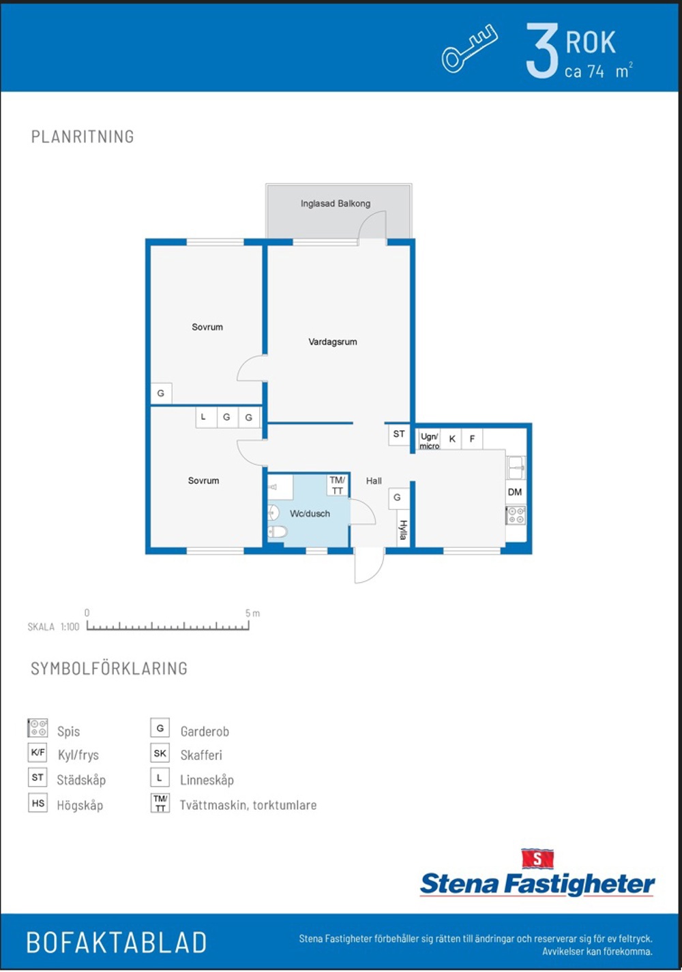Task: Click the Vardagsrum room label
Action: point(333,342)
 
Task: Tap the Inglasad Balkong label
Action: point(336,203)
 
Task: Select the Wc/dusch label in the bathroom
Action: point(310,514)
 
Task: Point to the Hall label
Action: point(374,481)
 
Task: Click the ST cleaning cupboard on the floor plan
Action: point(399,434)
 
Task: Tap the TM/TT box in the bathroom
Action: point(338,485)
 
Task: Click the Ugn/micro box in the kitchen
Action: point(430,440)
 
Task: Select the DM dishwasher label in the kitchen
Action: point(515,492)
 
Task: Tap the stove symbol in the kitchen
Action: point(516,515)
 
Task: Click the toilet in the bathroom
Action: point(277,532)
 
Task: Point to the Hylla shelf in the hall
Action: point(403,530)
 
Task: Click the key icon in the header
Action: point(470,48)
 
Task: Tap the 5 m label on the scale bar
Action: point(252,613)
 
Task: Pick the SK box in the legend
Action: point(160,753)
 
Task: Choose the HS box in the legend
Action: point(38,803)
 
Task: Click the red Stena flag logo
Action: point(537,859)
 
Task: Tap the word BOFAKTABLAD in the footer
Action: point(117,941)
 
